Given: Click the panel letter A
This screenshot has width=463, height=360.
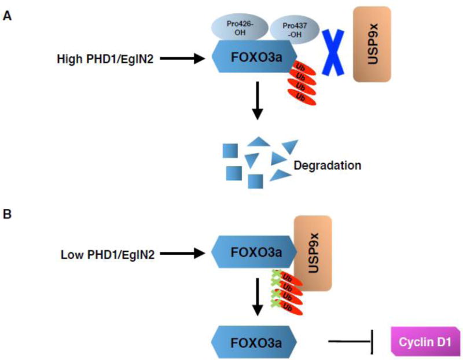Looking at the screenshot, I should tap(8, 17).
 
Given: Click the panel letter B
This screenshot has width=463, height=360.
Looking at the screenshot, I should tap(8, 214).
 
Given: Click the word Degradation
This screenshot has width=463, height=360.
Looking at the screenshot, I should tap(328, 166).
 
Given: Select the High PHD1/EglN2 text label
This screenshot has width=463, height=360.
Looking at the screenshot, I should tap(106, 58).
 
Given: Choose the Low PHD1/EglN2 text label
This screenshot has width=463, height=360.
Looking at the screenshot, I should tap(106, 254).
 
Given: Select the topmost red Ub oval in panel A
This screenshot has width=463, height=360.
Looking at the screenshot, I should tap(302, 71).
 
